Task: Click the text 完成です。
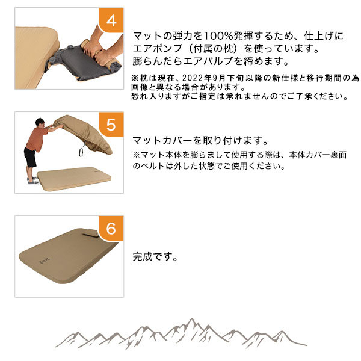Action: pyautogui.click(x=155, y=257)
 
